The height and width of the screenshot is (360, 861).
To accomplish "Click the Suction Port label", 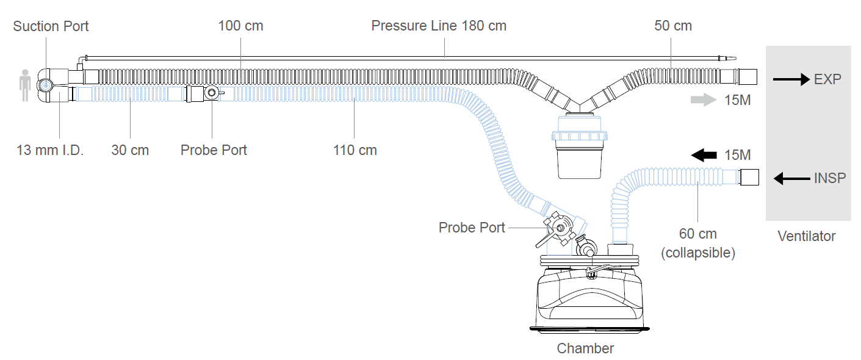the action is [x=51, y=26].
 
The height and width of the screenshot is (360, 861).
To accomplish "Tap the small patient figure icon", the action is [x=26, y=85].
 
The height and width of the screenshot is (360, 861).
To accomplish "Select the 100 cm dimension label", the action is [x=240, y=26].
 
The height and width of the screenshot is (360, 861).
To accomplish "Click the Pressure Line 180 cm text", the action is [x=439, y=26].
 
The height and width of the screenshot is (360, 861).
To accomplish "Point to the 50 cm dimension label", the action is [x=673, y=26].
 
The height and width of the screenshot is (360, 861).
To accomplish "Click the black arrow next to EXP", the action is [x=791, y=79].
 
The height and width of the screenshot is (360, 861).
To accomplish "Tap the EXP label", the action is [x=827, y=79].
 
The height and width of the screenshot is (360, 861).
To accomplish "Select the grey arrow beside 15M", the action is [x=704, y=100].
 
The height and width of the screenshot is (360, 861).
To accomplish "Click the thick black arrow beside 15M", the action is [x=704, y=155].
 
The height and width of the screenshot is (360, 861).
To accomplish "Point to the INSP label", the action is [x=830, y=178].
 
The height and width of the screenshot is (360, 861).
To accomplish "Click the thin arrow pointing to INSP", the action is [x=792, y=178].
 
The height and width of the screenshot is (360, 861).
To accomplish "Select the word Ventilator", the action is [x=807, y=236].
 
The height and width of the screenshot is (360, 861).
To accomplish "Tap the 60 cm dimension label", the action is [x=697, y=234].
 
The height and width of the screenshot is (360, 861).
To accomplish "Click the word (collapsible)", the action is [x=698, y=253].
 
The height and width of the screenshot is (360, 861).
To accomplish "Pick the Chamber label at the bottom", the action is [x=585, y=348].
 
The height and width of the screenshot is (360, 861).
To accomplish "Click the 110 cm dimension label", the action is [x=355, y=150].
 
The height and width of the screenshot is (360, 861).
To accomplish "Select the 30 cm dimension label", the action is [x=130, y=150].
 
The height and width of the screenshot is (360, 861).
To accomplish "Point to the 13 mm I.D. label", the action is [x=50, y=150].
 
